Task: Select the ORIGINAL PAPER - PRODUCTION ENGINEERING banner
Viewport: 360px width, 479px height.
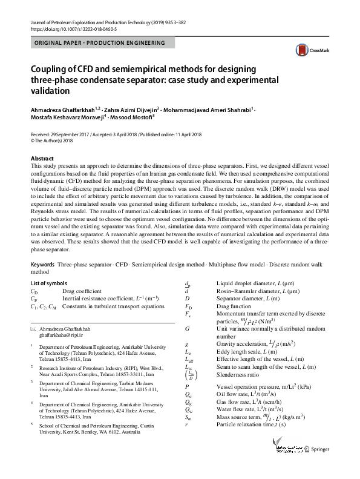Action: coord(100,44)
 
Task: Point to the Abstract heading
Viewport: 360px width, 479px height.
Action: coord(42,158)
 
